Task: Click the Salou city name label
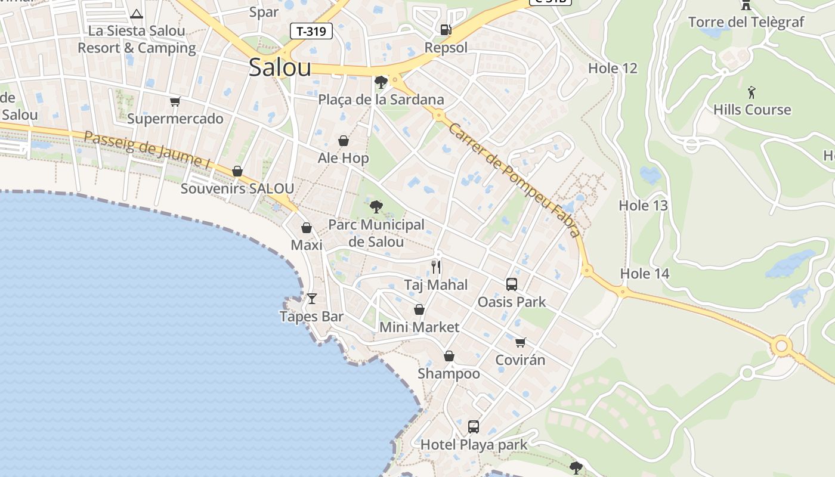coord(280,67)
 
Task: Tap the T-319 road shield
coord(311,31)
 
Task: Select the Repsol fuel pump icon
coord(446,29)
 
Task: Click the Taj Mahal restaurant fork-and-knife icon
coord(436,267)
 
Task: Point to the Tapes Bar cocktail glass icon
coord(311,298)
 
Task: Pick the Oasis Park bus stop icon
coord(511,284)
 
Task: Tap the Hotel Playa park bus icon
coord(474,426)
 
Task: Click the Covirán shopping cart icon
coord(520,342)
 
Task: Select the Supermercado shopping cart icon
coord(175,101)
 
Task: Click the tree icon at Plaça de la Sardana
coord(381,82)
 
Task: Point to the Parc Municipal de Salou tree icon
coord(376,207)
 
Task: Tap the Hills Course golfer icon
coord(751,92)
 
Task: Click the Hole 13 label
coord(643,206)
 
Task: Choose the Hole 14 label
coord(645,274)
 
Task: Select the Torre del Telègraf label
coord(746,23)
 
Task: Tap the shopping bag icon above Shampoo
coord(449,356)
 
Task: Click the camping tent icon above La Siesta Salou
coord(137,14)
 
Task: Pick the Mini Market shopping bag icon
coord(419,309)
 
